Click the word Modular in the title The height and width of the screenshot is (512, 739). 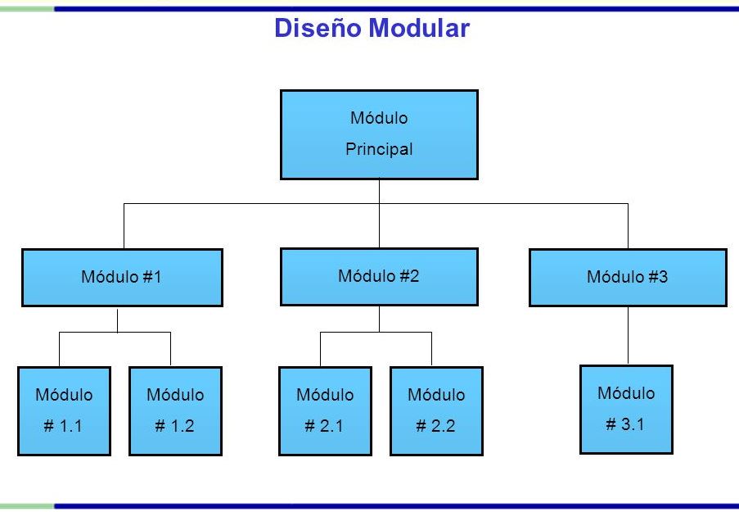pos(418,29)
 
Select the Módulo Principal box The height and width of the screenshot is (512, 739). pos(379,134)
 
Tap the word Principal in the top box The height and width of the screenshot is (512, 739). pos(379,150)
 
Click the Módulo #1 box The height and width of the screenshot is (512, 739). pos(122,277)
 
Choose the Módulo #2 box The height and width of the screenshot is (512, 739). pos(379,276)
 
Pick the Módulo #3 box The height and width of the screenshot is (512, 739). pos(628,277)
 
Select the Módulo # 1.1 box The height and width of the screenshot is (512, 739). pos(64,410)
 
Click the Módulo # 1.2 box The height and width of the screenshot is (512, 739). pos(175,410)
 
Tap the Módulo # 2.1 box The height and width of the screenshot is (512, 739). pos(325,410)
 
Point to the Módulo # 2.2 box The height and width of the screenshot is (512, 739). pos(436,410)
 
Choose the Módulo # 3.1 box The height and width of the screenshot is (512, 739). pos(626,409)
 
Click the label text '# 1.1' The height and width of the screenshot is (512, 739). pos(64,426)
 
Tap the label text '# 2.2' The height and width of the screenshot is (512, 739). pos(436,426)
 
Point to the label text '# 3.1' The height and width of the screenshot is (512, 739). pos(626,424)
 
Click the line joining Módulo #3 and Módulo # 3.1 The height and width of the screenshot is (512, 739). pos(628,336)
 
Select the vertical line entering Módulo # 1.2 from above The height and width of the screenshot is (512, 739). pos(170,349)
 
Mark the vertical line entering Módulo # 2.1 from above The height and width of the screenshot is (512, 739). pos(320,349)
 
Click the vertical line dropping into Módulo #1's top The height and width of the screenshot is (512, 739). pos(124,226)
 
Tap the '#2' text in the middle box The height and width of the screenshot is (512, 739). pos(409,276)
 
